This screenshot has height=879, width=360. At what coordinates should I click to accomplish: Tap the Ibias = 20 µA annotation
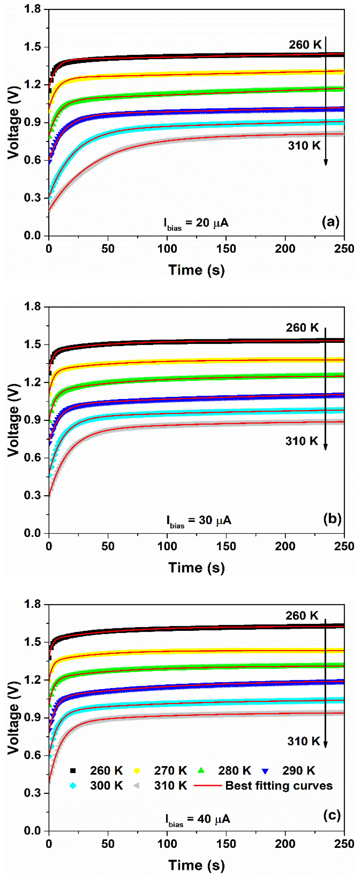point(196,223)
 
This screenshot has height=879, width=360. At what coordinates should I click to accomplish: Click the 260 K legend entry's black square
point(73,771)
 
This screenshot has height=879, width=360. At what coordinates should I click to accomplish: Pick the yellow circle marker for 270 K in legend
point(137,771)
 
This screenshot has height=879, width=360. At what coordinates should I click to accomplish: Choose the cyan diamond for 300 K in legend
point(73,785)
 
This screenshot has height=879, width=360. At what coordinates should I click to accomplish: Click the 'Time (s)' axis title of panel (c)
point(197,865)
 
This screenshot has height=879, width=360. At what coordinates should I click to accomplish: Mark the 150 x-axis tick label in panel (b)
point(226,546)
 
